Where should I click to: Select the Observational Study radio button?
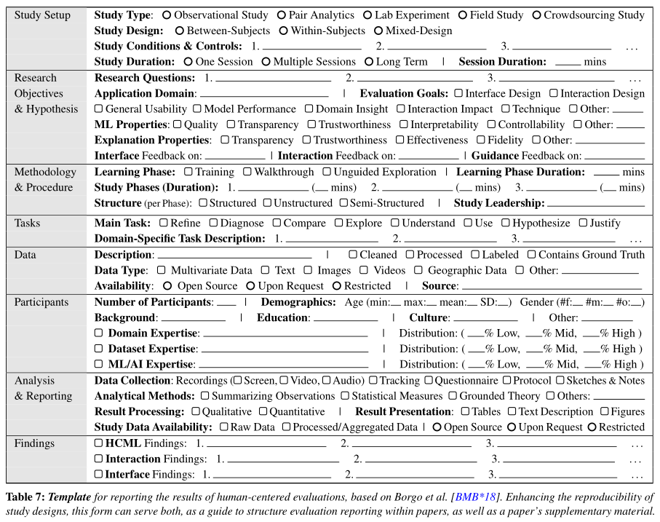(167, 15)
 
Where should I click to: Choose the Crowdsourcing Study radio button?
(537, 15)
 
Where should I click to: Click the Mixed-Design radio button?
(379, 31)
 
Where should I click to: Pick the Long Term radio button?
(369, 62)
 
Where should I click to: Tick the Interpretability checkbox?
(404, 124)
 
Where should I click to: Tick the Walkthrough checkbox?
(247, 172)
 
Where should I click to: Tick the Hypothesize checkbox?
(506, 223)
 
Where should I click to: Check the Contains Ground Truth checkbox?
(532, 255)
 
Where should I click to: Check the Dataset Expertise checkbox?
(99, 349)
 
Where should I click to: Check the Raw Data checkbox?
(223, 427)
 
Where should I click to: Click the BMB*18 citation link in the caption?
(477, 497)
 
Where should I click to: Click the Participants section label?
(41, 302)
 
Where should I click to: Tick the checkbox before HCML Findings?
(99, 443)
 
